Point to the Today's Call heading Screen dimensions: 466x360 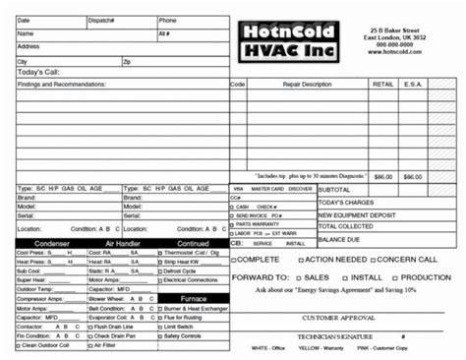(38, 73)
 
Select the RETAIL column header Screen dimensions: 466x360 (382, 85)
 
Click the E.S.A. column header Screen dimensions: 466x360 (413, 85)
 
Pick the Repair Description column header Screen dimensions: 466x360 (308, 85)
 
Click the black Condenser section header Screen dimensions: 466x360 (50, 242)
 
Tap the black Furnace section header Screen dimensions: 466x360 (193, 297)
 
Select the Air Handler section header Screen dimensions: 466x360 (122, 242)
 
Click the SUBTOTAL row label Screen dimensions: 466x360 (334, 189)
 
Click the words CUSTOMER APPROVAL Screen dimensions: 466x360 (338, 319)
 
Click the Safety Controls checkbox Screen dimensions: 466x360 (159, 336)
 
